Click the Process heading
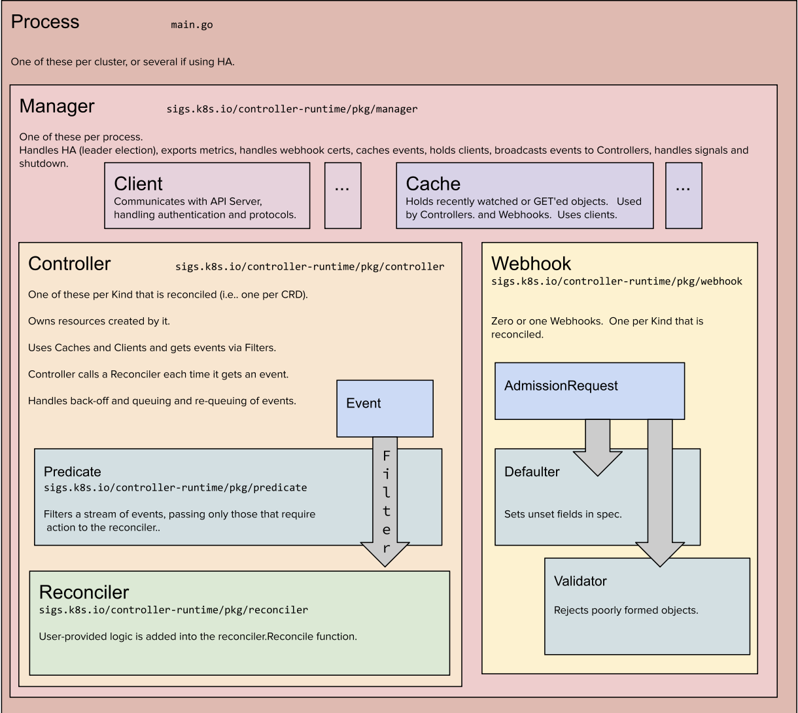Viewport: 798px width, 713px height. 45,22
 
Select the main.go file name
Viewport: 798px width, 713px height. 191,25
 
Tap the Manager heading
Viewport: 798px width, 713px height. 57,106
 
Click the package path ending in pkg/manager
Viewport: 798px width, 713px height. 292,109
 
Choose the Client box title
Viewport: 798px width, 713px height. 138,184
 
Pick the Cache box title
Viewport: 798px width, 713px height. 433,184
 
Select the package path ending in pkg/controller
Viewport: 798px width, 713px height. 309,267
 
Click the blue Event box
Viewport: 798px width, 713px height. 385,408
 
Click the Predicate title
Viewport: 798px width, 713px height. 73,472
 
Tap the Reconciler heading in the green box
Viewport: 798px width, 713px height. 84,592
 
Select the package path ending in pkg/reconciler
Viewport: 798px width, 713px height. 173,610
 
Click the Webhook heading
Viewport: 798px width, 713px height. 530,263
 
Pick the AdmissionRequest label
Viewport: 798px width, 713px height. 561,386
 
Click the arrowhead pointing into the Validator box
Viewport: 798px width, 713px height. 659,553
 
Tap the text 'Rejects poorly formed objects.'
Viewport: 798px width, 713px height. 626,610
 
